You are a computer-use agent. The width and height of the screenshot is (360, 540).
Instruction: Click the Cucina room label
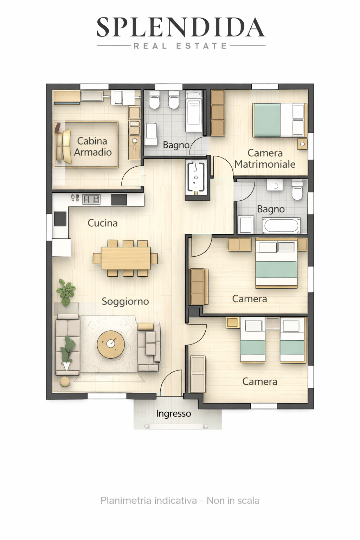point(102,223)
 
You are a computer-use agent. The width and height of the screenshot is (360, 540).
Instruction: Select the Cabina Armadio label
point(92,147)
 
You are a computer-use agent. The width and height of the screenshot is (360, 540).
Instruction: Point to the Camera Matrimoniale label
point(265,159)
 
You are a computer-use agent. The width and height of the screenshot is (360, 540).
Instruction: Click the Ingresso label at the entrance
point(173,414)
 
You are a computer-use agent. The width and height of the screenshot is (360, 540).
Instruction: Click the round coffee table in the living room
point(111,345)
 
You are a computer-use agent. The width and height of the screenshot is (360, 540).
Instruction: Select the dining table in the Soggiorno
point(126,258)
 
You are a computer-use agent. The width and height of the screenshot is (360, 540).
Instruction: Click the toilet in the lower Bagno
point(297,190)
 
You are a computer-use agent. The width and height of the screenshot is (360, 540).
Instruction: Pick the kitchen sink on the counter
point(91,199)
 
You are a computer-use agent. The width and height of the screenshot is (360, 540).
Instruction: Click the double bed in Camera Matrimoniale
point(280,120)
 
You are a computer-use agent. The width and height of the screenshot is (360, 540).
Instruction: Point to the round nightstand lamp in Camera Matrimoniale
point(302,144)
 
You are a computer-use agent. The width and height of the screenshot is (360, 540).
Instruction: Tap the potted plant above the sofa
point(66,292)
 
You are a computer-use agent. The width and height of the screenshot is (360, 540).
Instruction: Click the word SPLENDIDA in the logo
point(181,27)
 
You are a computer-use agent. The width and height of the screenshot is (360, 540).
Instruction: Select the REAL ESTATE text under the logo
point(180,46)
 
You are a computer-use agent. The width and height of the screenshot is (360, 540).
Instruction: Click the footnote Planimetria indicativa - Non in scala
point(180,501)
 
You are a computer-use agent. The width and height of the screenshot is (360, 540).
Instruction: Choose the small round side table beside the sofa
point(65,381)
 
